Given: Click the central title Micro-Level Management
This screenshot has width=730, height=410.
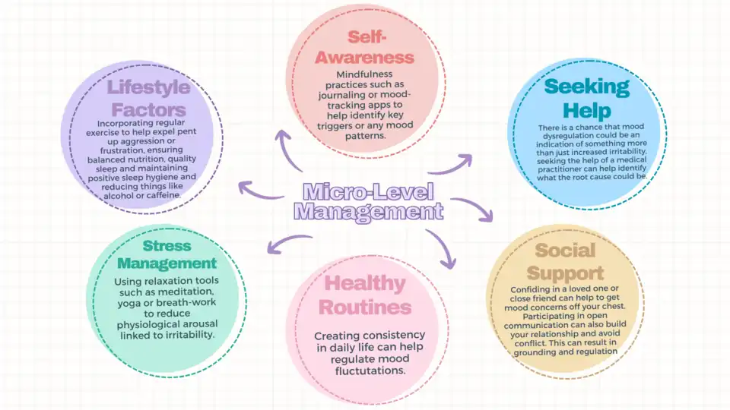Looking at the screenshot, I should pyautogui.click(x=369, y=201).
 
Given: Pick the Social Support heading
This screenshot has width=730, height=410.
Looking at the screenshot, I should pyautogui.click(x=564, y=262).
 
